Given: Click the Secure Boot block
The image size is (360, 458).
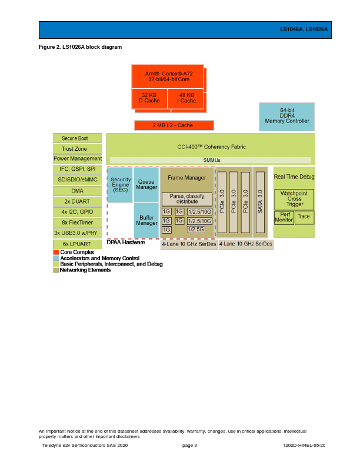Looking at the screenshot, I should click(78, 138).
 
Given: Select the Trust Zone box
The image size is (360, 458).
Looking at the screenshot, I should click(78, 149).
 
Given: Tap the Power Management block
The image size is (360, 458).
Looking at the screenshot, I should click(78, 159).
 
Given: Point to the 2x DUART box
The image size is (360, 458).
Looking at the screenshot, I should click(78, 201).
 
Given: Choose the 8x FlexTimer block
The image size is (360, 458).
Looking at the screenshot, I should click(78, 223).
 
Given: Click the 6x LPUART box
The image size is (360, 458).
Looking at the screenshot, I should click(78, 244).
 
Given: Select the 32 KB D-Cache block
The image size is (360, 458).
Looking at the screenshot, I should click(149, 98).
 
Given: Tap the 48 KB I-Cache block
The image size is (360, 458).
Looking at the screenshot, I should click(187, 98).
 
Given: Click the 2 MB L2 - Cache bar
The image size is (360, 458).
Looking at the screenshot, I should click(174, 125).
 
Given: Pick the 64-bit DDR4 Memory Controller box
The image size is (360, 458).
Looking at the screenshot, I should click(286, 116).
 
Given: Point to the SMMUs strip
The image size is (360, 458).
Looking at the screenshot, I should click(211, 160).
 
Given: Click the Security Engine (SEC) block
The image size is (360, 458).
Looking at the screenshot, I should click(120, 185).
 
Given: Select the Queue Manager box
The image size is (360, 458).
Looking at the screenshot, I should click(146, 185).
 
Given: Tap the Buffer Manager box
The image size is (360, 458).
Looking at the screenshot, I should click(146, 220).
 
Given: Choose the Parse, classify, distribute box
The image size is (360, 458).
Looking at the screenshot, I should click(187, 198).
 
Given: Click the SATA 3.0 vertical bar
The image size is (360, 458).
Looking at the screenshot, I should click(260, 202).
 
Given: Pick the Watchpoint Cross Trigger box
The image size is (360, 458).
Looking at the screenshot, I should click(294, 199).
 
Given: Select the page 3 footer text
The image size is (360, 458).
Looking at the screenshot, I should click(189, 446).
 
